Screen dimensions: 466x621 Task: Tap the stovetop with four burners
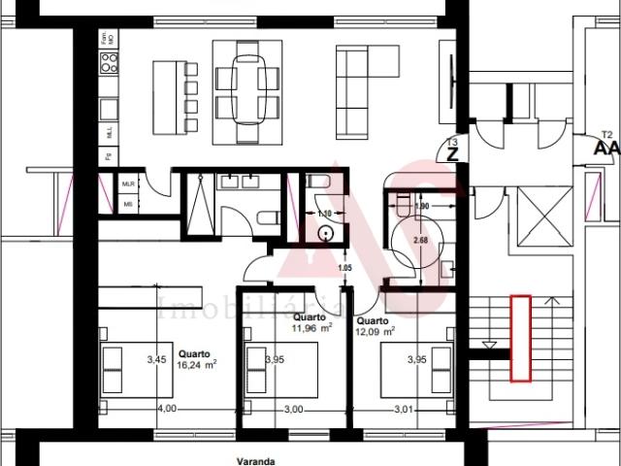pos(110,64)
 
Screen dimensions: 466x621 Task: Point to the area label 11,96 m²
pos(312,328)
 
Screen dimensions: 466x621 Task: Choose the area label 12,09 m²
pos(375,331)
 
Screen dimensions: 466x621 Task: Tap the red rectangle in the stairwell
pos(521,336)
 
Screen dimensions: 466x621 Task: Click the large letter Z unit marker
pos(451,151)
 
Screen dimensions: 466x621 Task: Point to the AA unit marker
pos(606,149)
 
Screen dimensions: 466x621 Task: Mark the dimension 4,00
pos(167,409)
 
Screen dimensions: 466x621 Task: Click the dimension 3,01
pos(405,409)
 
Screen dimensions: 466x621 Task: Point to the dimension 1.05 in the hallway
pos(343,269)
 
